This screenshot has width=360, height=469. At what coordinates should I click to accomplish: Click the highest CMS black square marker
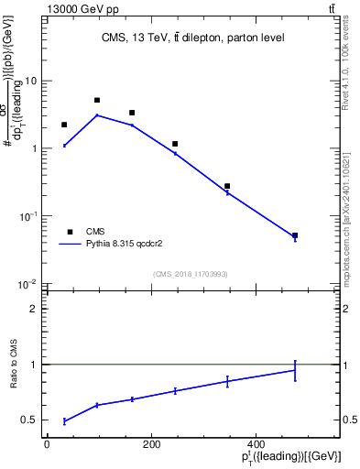point(97,100)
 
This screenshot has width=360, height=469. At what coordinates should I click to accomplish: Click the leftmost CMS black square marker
point(64,125)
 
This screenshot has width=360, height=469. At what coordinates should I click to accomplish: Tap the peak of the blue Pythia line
point(97,115)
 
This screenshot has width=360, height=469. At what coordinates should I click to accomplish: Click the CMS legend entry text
point(96,232)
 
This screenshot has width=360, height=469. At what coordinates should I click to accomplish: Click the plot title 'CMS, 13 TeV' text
point(192,38)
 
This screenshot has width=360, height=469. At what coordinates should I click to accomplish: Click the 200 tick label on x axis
point(152,444)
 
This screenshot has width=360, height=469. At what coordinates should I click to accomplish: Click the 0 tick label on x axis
point(47,444)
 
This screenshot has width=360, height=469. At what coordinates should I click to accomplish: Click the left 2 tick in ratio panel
point(33,309)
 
